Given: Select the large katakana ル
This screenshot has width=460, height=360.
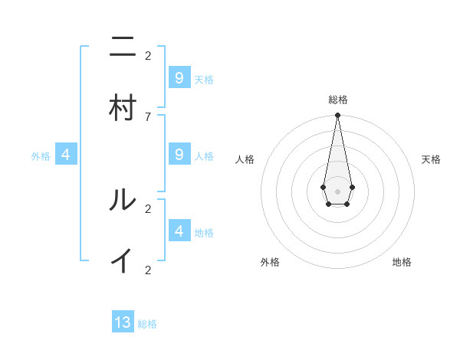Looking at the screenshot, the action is [123, 200].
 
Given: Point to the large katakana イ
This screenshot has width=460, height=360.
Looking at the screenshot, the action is [123, 261].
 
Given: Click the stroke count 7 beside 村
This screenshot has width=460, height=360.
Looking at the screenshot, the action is [148, 116].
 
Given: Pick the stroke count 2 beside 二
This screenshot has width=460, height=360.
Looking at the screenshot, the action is [148, 55].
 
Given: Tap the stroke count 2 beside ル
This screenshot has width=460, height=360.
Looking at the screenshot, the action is [148, 208].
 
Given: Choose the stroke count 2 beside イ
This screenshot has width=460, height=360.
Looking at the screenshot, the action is [148, 270].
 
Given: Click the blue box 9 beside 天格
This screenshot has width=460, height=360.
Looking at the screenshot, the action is [179, 78].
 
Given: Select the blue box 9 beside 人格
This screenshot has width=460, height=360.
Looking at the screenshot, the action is [179, 155].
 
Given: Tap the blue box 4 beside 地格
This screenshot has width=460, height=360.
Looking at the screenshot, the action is [179, 231].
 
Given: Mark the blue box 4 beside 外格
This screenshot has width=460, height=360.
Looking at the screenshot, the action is [66, 155].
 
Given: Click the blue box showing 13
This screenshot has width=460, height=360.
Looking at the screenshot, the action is [123, 322].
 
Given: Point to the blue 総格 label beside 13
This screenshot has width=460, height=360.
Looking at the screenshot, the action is [147, 324].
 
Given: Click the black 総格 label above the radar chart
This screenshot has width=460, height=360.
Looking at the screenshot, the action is [337, 100].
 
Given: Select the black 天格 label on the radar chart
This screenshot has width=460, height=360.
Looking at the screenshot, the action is [431, 159].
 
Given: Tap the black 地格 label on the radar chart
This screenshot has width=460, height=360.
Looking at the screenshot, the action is [402, 262].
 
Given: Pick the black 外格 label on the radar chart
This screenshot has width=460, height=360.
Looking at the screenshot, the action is [270, 262].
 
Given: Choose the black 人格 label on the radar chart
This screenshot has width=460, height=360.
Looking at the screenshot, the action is [245, 159].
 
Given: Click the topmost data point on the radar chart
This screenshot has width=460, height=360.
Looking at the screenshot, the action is [337, 116].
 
